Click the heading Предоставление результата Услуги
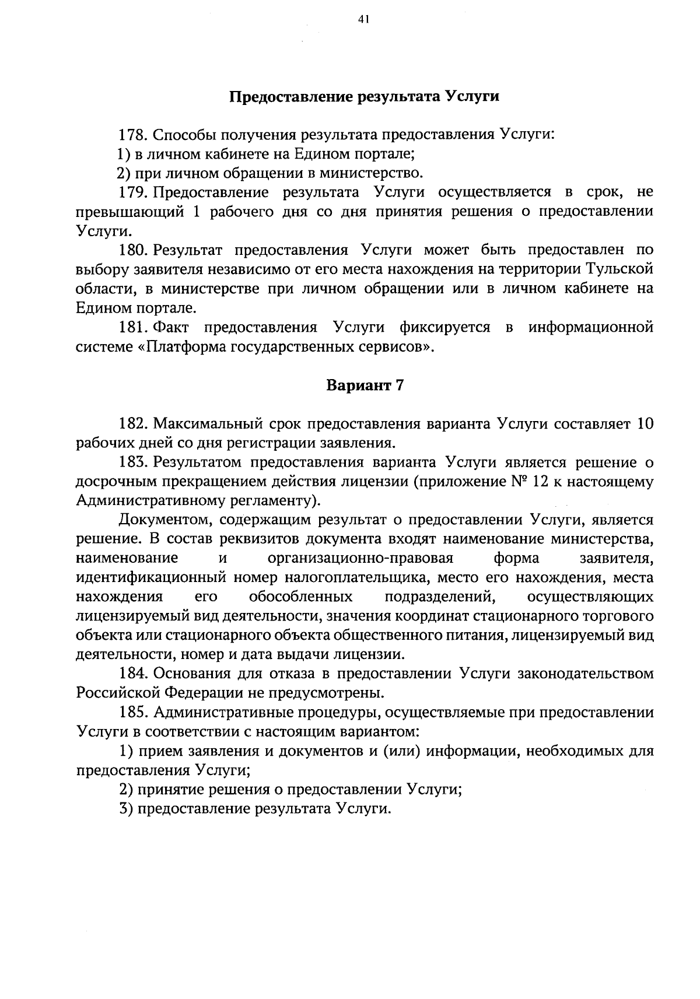click(x=363, y=97)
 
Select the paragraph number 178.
click(x=133, y=135)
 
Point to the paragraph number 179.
click(x=133, y=192)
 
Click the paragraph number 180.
click(x=133, y=251)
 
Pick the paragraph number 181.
click(x=133, y=327)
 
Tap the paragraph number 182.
click(x=133, y=424)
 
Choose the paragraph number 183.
click(x=133, y=462)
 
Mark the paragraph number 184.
click(x=133, y=674)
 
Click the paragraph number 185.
click(x=133, y=713)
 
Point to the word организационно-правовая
click(x=360, y=559)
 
